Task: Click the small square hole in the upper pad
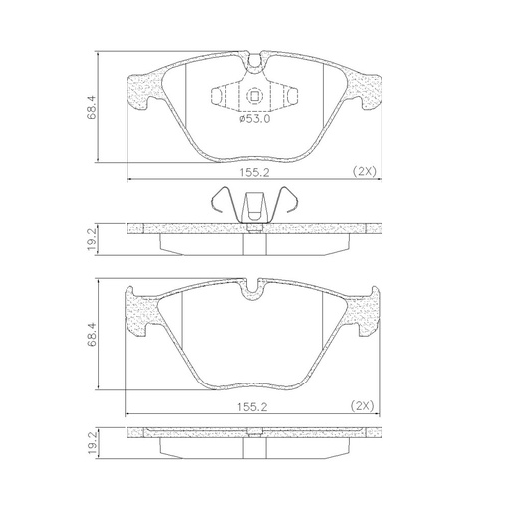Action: click(x=255, y=97)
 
